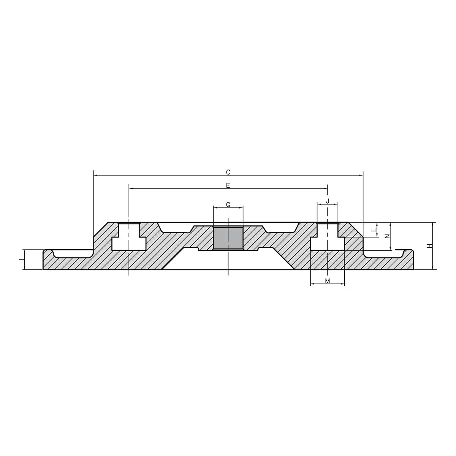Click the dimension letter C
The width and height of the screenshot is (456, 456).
(x=228, y=172)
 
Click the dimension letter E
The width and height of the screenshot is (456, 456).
(x=228, y=185)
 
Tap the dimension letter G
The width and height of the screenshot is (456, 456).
(x=228, y=205)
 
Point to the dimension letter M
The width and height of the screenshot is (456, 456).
(x=328, y=281)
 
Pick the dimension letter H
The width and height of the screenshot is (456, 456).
(x=430, y=246)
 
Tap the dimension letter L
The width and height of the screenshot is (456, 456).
(x=374, y=230)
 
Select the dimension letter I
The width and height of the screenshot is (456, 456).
(x=22, y=260)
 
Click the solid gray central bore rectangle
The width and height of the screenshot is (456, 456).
(x=228, y=238)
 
